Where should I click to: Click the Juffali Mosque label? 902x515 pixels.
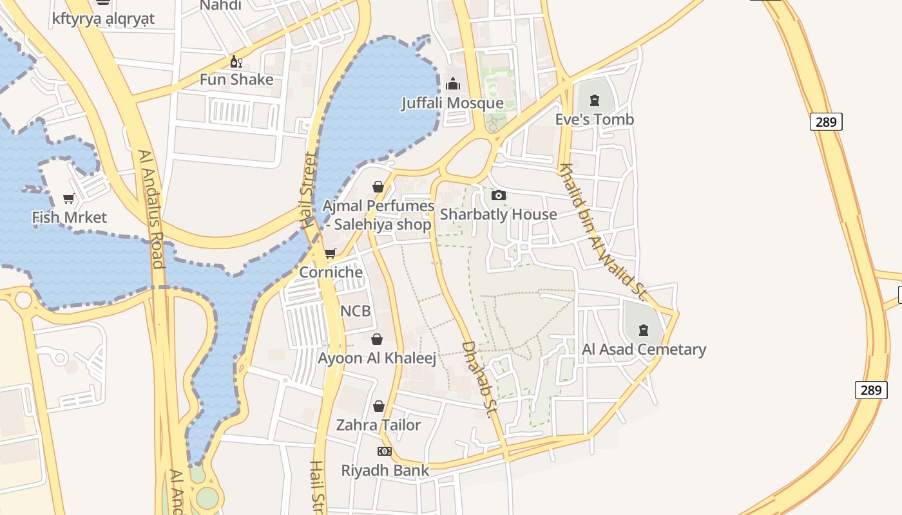point(452,103)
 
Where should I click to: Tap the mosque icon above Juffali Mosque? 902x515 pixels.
point(453,84)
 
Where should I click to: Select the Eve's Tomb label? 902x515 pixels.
point(594,120)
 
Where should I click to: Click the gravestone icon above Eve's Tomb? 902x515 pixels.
point(594,100)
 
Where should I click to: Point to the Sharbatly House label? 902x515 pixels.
point(498,214)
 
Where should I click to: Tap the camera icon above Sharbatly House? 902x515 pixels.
point(498,196)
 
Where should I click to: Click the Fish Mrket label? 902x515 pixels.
point(69,218)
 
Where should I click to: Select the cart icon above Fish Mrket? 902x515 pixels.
point(69,199)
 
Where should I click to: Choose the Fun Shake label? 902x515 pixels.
point(236,80)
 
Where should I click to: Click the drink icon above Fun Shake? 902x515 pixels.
point(236,62)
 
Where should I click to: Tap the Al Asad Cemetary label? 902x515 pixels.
point(644,350)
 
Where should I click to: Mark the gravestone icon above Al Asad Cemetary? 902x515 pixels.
point(643,331)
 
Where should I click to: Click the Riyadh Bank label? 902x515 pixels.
point(385,471)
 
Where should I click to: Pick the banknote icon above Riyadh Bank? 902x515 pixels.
point(385,451)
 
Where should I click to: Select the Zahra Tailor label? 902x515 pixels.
point(378,425)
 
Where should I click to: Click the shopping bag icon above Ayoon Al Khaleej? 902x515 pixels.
point(377,339)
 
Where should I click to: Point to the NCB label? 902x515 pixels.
point(355,311)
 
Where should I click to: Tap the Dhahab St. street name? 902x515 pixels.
point(477,379)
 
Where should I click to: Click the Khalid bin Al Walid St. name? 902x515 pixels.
point(602,232)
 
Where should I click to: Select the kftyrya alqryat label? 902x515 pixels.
point(103,19)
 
